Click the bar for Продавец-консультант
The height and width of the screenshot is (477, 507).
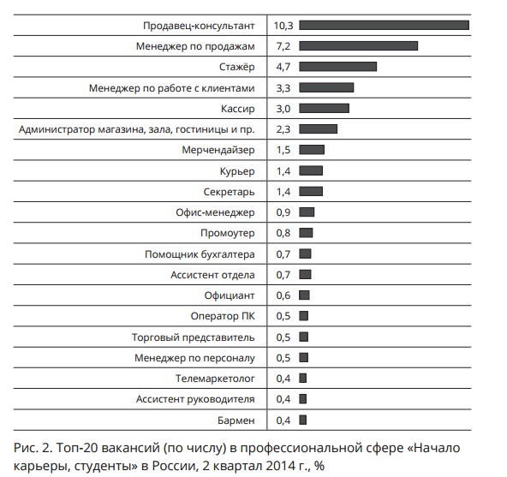tap(385, 25)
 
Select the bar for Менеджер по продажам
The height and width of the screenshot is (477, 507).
tap(358, 46)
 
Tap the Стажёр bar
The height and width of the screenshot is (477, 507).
tap(338, 67)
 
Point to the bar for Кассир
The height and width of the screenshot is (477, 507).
tap(324, 109)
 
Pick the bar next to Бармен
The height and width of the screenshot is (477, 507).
tap(302, 420)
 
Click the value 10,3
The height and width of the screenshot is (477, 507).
tap(283, 26)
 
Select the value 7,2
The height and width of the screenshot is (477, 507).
tap(283, 46)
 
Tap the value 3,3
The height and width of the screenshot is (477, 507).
tap(283, 88)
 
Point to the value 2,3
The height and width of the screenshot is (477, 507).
tap(283, 129)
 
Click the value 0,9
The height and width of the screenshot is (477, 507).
tap(283, 212)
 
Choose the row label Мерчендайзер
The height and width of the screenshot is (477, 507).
tap(218, 150)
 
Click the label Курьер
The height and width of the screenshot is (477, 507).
tap(237, 171)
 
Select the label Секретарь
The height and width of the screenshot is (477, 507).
tap(229, 192)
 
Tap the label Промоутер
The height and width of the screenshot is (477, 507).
tap(228, 233)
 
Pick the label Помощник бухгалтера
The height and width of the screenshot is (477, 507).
tap(200, 254)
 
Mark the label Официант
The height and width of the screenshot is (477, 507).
tap(230, 295)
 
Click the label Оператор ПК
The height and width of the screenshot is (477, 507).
tap(223, 316)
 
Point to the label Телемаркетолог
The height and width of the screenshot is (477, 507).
tap(215, 379)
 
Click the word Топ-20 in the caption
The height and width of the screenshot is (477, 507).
tap(75, 448)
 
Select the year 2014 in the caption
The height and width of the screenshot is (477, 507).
tap(281, 466)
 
